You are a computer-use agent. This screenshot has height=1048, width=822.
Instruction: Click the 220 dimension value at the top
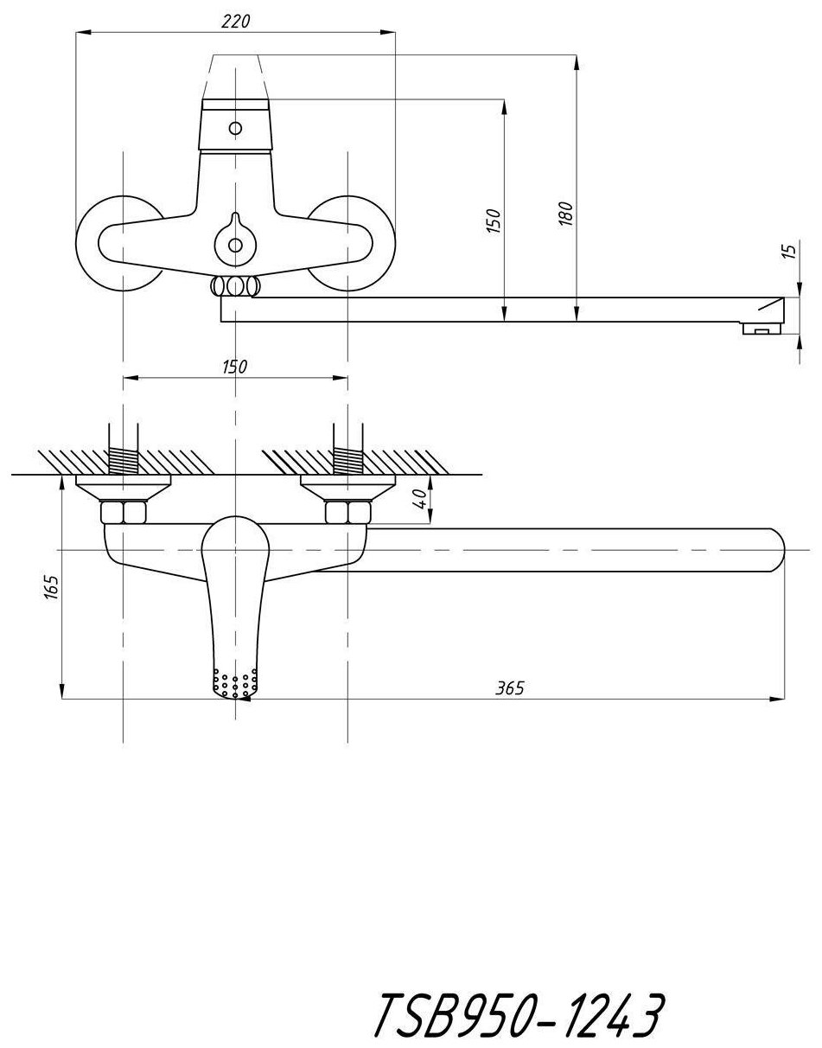[235, 22]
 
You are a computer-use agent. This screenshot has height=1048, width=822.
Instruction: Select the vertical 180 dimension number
[566, 214]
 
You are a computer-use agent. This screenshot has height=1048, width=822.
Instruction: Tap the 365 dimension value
[510, 688]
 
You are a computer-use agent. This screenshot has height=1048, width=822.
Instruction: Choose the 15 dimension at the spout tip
[787, 252]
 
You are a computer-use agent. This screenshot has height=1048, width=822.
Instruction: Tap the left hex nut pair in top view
[124, 513]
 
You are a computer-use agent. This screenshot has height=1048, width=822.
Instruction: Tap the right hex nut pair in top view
[347, 513]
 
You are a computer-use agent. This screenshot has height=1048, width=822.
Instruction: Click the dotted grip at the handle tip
[234, 684]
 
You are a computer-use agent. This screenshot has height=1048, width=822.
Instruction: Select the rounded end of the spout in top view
[772, 550]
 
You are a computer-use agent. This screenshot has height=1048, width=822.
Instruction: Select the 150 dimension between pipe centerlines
[234, 367]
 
